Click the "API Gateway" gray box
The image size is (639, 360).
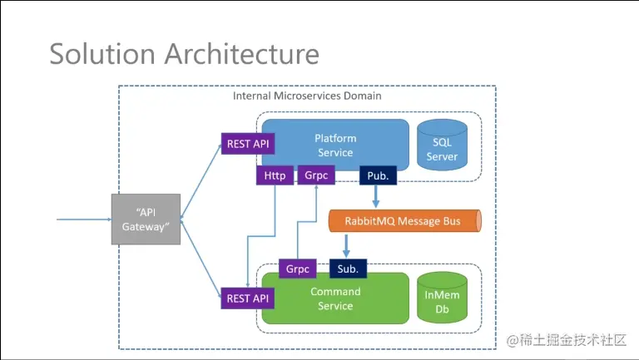[146, 219]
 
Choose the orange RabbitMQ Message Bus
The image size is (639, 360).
[405, 221]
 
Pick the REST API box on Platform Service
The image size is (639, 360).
[248, 144]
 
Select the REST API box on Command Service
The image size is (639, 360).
[248, 298]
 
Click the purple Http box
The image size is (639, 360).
[275, 176]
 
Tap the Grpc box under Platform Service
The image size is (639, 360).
[315, 176]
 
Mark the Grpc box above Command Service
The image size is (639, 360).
[298, 269]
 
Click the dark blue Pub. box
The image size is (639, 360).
[377, 176]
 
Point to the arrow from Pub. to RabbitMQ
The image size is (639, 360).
[377, 197]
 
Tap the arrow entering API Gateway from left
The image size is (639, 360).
[83, 219]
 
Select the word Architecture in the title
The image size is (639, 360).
[241, 54]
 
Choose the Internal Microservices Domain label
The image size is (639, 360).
[307, 96]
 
